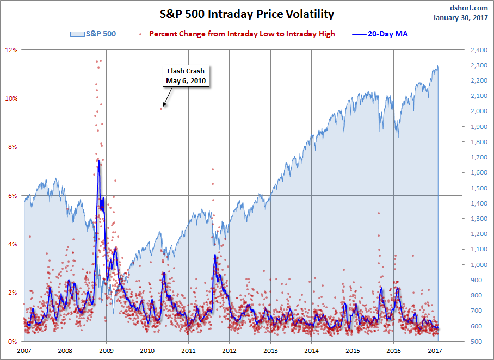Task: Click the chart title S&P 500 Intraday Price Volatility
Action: pyautogui.click(x=246, y=14)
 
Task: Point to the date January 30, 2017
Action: pyautogui.click(x=462, y=17)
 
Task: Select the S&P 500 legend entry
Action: pyautogui.click(x=93, y=34)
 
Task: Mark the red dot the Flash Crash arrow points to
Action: pyautogui.click(x=162, y=108)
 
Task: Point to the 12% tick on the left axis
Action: pyautogui.click(x=12, y=50)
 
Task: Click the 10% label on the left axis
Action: pyautogui.click(x=12, y=98)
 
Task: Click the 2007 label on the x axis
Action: pyautogui.click(x=24, y=351)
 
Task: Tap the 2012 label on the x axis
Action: pyautogui.click(x=229, y=351)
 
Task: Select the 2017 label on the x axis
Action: pyautogui.click(x=435, y=351)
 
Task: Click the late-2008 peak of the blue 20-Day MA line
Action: pyautogui.click(x=98, y=159)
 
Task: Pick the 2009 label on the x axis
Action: pyautogui.click(x=106, y=351)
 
